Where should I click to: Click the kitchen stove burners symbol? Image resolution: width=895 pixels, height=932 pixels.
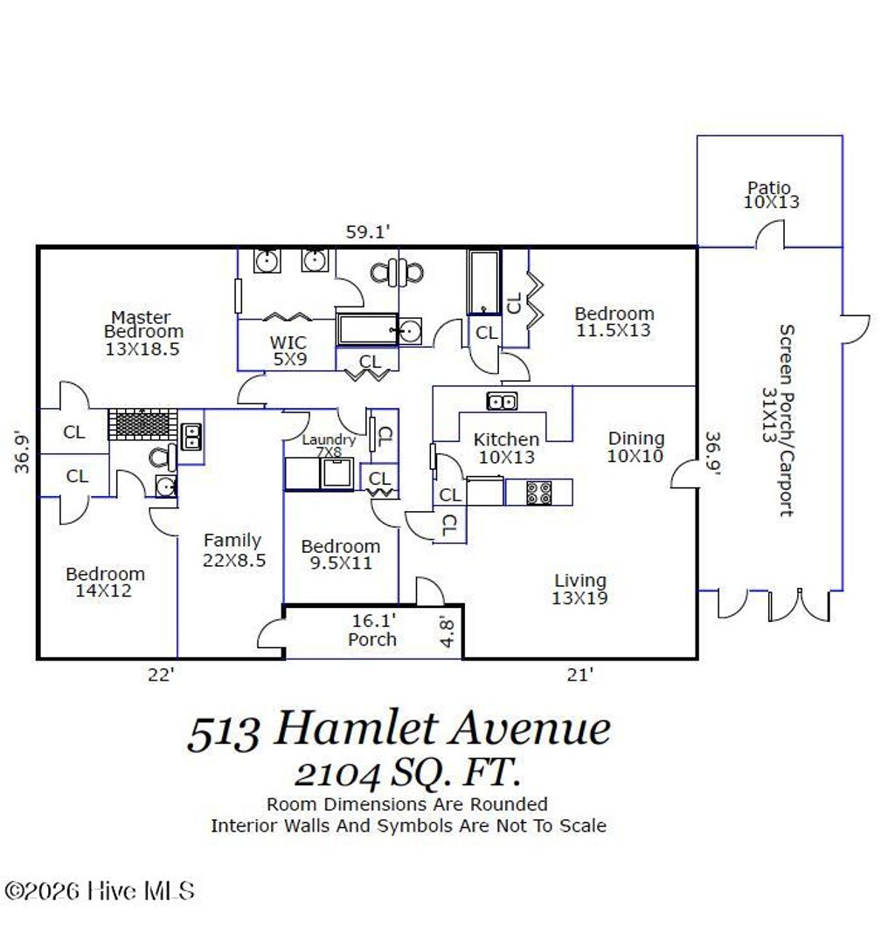click(538, 493)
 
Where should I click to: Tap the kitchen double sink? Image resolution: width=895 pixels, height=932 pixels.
click(501, 402)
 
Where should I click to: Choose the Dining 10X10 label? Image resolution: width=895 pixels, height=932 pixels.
click(635, 446)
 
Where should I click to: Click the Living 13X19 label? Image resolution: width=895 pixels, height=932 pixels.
click(579, 590)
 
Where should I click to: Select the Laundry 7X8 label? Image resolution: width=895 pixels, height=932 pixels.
click(329, 445)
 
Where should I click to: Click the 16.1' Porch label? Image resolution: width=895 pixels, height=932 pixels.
click(372, 630)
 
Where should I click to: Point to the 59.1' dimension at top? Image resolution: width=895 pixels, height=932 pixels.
click(366, 231)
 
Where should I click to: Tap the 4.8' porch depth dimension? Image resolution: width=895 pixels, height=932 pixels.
click(447, 632)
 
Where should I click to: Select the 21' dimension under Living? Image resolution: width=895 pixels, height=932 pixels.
click(579, 673)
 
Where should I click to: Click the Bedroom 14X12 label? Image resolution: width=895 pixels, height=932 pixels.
click(105, 582)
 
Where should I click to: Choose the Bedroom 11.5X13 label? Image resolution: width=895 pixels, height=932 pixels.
click(614, 321)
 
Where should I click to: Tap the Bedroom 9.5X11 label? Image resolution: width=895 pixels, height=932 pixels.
click(340, 555)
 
